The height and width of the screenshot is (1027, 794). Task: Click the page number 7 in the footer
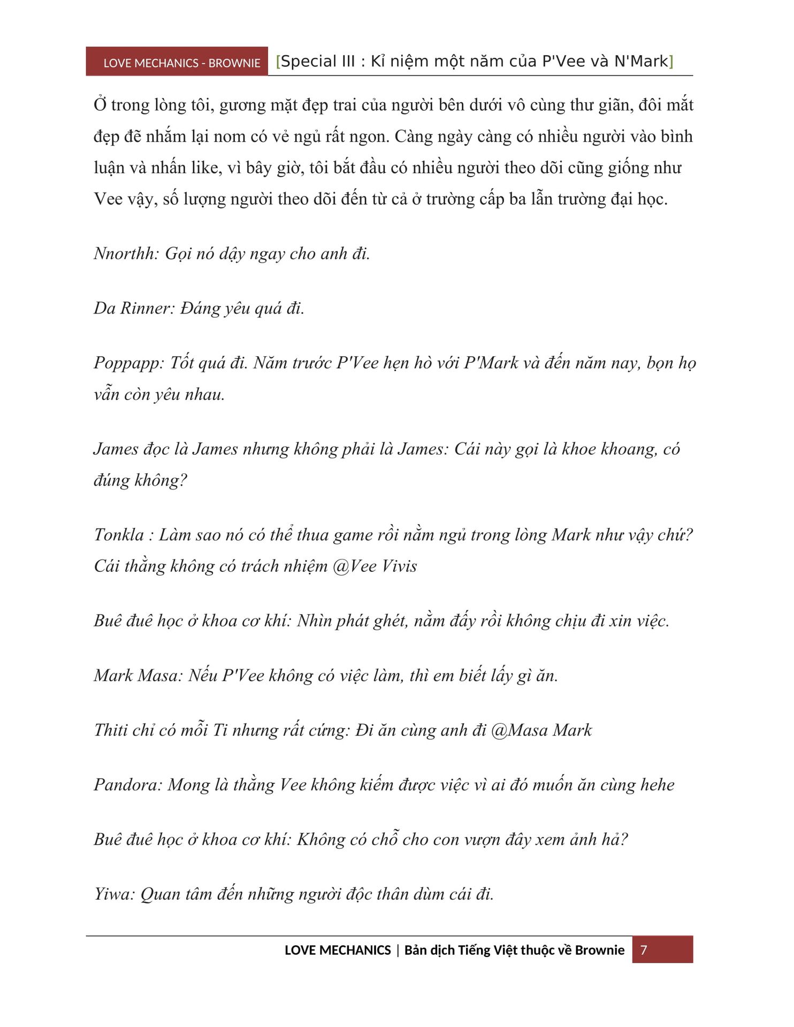pyautogui.click(x=644, y=949)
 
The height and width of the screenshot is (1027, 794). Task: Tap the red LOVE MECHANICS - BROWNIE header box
pyautogui.click(x=177, y=62)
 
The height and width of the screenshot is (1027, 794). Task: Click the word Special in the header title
pyautogui.click(x=317, y=62)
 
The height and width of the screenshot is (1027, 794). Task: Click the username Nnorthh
pyautogui.click(x=125, y=254)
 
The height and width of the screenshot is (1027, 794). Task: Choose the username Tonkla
pyautogui.click(x=119, y=534)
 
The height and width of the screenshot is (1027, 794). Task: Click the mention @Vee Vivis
pyautogui.click(x=375, y=566)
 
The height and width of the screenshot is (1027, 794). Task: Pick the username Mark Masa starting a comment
pyautogui.click(x=138, y=676)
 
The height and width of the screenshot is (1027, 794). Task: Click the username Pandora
pyautogui.click(x=127, y=785)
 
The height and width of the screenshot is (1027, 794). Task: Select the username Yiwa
pyautogui.click(x=113, y=894)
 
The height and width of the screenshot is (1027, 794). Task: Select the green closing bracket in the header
pyautogui.click(x=671, y=62)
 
